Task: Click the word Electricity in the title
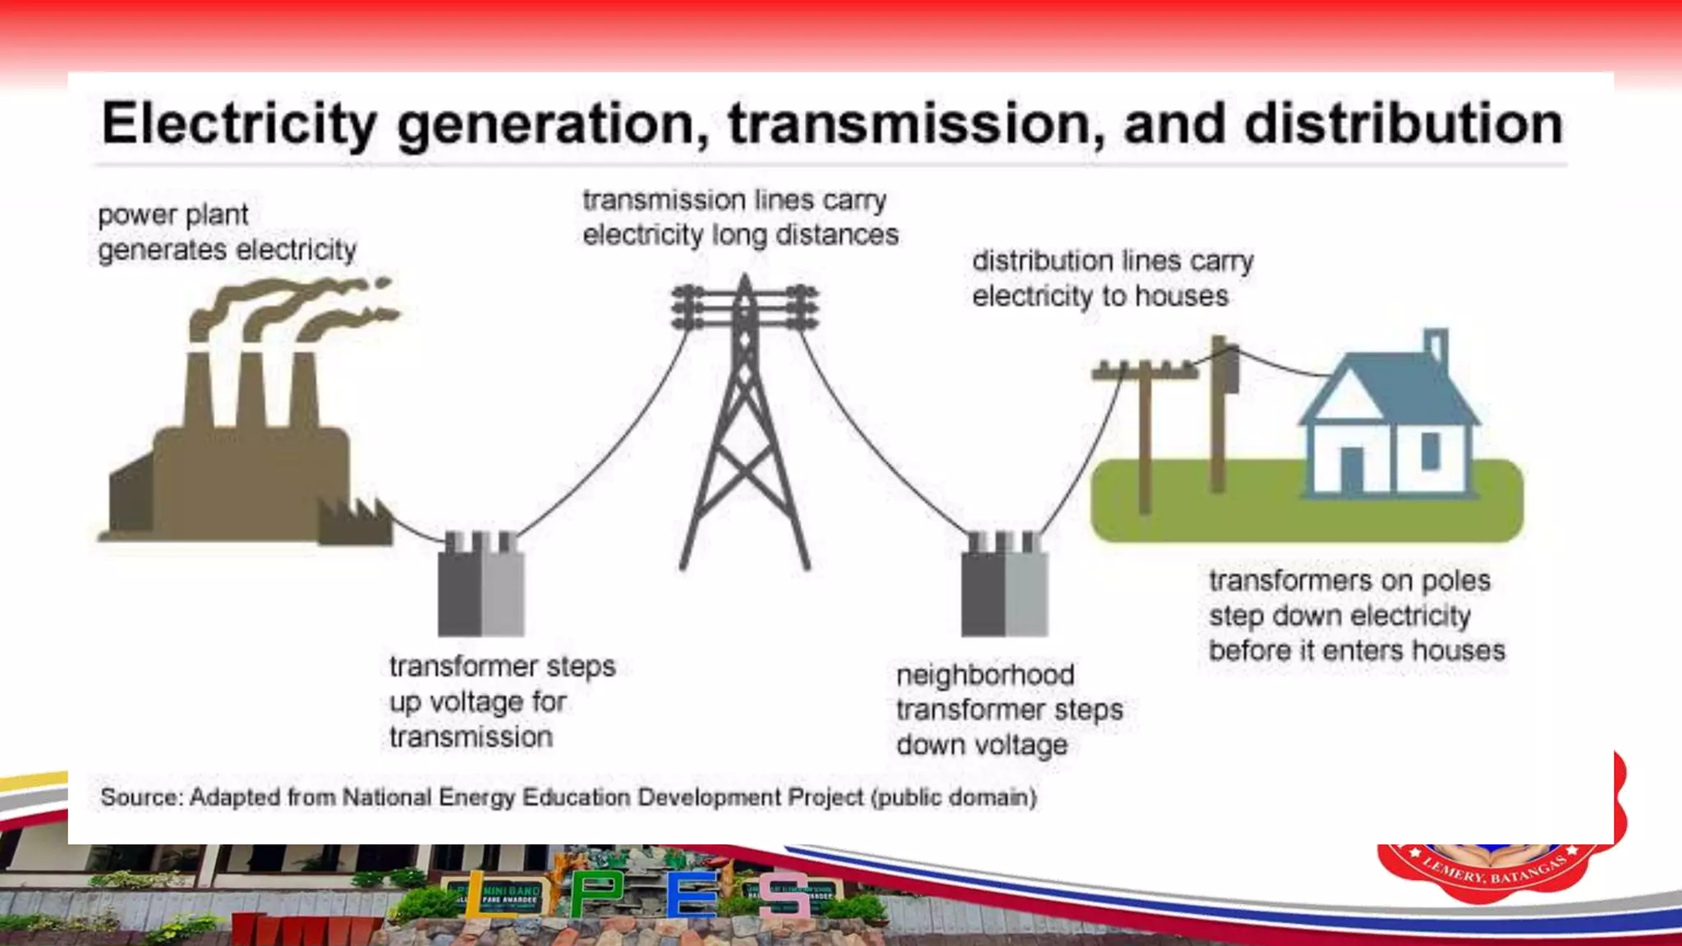(x=239, y=124)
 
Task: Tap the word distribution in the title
(x=1403, y=124)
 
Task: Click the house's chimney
(x=1436, y=347)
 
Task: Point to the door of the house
(x=1351, y=468)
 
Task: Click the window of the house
(x=1430, y=451)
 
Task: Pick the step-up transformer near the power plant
(x=481, y=585)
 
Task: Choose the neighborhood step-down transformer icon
(x=1004, y=585)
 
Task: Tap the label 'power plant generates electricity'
(x=227, y=232)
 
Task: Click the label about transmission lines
(x=740, y=218)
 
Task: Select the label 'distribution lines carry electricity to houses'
(x=1112, y=278)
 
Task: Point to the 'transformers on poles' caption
(x=1356, y=616)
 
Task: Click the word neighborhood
(x=985, y=675)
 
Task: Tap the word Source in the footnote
(x=139, y=797)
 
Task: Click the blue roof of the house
(x=1388, y=386)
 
